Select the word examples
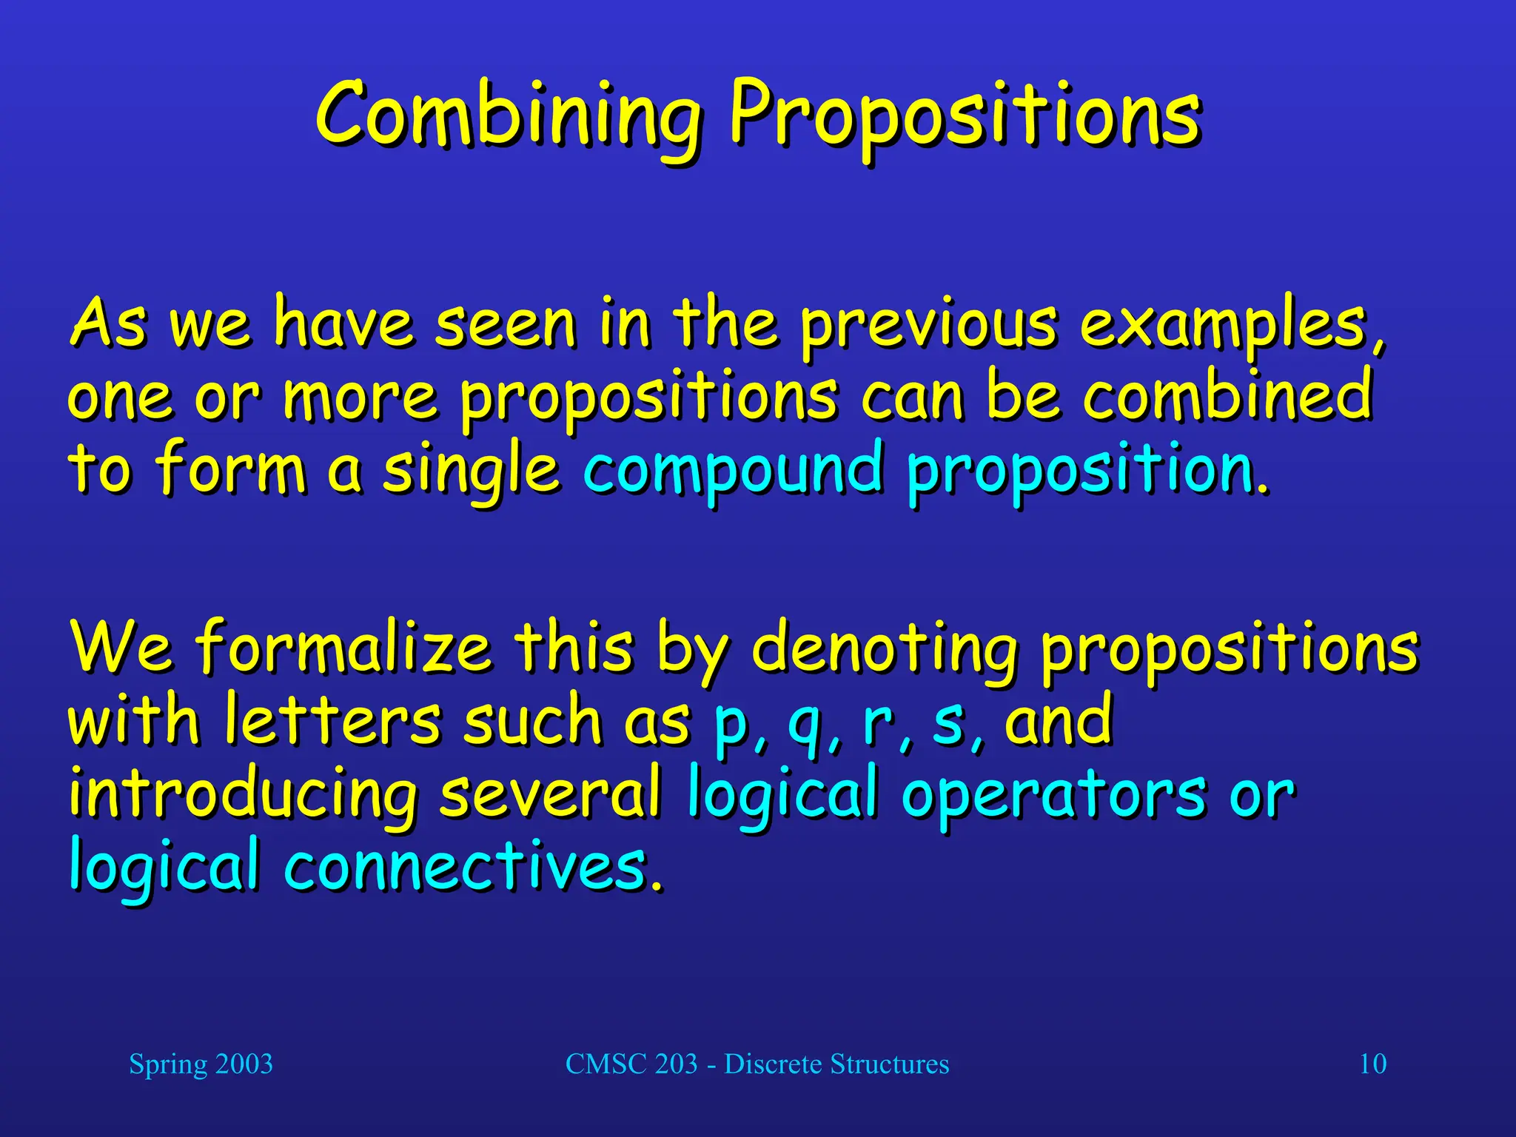[1229, 326]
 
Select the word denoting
[884, 648]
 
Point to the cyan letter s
[948, 722]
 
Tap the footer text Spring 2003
[201, 1064]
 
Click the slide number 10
[1372, 1064]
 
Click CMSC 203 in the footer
[631, 1064]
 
